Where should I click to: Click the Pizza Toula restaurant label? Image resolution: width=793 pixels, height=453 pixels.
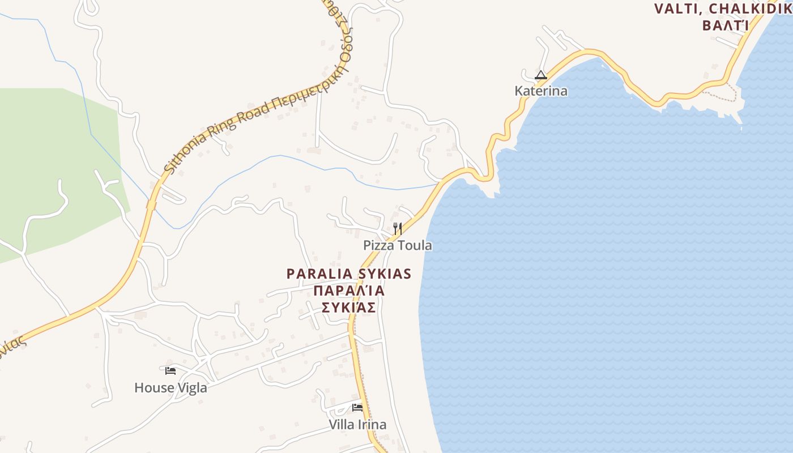397,245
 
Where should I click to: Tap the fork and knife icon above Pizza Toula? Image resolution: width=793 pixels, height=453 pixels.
398,229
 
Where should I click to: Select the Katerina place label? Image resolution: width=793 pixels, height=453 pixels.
540,91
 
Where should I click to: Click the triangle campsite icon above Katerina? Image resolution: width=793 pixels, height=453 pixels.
541,75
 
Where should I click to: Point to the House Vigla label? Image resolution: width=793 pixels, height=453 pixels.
170,388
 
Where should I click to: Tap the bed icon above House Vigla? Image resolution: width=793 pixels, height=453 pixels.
170,371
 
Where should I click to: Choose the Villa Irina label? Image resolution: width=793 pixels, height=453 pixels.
357,425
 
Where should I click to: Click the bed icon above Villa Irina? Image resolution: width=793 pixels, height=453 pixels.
357,407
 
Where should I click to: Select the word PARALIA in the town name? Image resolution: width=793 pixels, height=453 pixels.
319,274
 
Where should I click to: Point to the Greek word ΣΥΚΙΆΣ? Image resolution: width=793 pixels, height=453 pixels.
349,307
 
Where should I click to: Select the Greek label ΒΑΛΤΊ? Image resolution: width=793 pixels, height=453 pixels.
726,25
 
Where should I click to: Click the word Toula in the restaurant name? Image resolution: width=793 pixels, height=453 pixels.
415,245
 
